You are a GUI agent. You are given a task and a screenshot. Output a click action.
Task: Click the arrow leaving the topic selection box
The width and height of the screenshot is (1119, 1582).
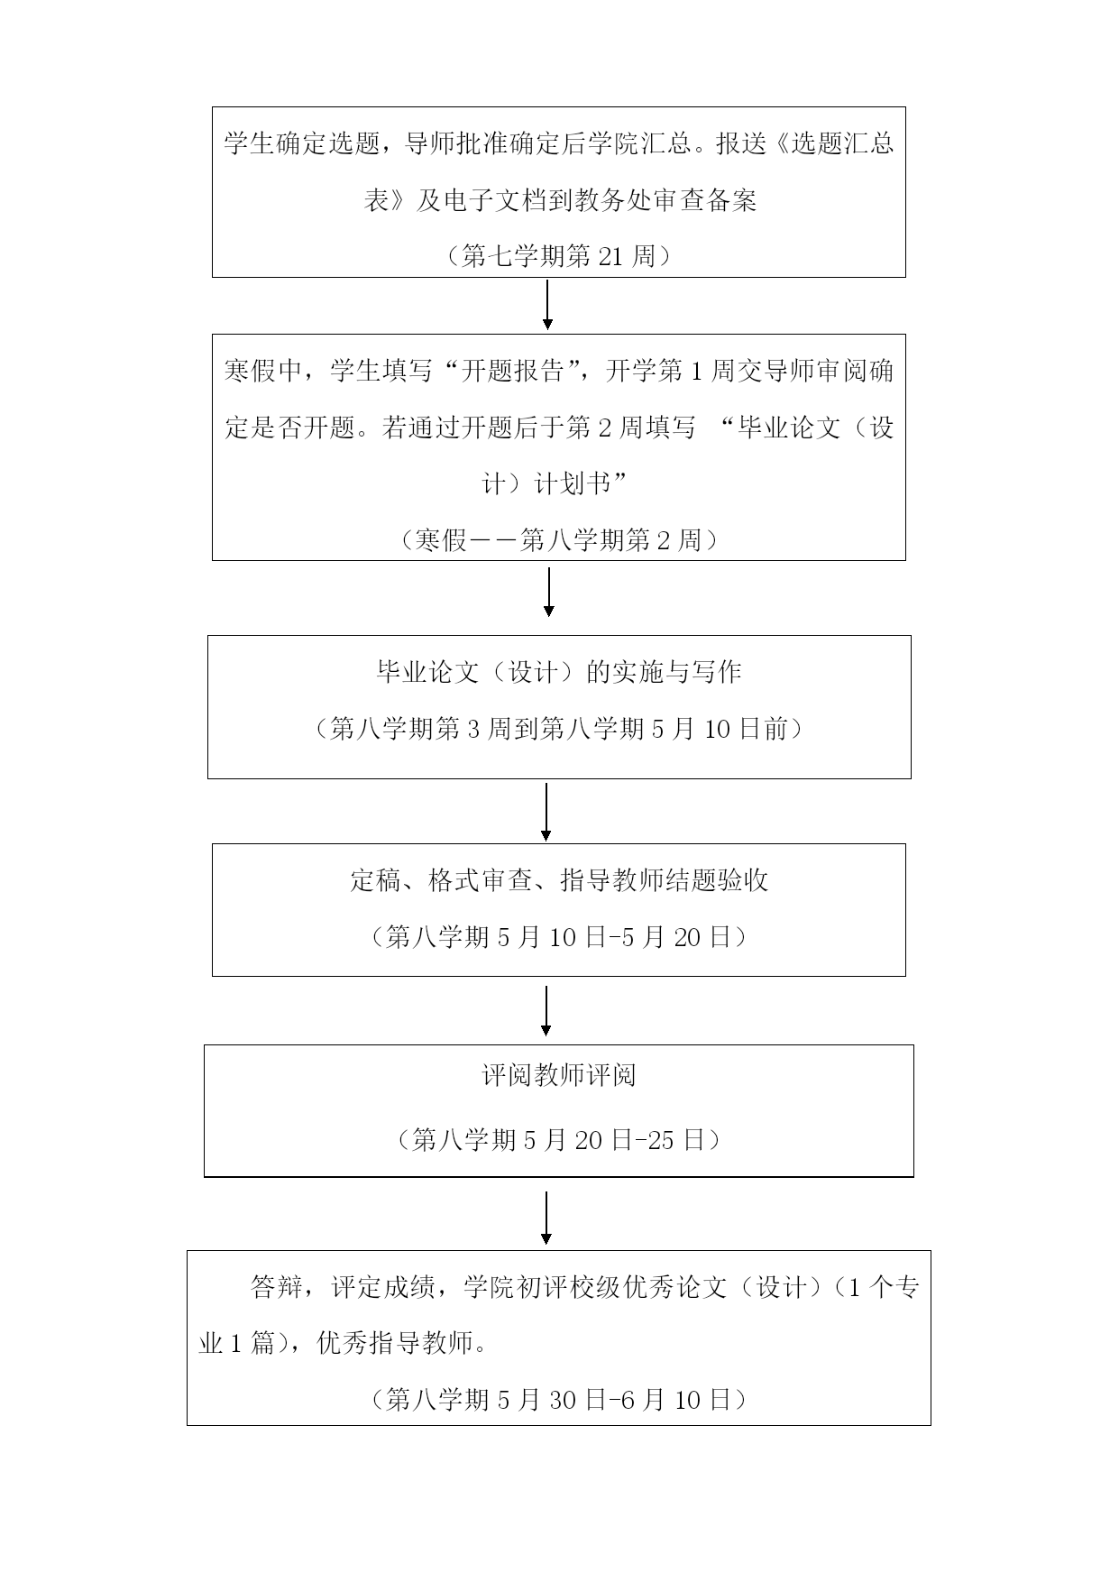tap(547, 305)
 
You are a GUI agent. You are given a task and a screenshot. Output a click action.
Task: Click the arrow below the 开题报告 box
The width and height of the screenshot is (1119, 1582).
tap(548, 592)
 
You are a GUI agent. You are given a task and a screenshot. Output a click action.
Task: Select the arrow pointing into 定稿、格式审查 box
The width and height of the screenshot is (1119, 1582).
tap(546, 812)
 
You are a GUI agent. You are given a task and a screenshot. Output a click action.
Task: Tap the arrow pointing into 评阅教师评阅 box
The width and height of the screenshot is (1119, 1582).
tap(546, 1011)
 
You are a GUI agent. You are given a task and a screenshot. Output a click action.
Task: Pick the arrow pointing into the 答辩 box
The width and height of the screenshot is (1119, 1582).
tap(546, 1218)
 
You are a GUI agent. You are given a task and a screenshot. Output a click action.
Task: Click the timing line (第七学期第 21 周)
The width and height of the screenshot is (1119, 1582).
tap(559, 256)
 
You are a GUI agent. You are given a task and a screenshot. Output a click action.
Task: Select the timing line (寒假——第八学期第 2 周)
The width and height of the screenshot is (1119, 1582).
tap(559, 540)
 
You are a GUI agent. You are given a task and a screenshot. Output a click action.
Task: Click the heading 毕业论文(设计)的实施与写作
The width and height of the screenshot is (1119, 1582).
tap(559, 672)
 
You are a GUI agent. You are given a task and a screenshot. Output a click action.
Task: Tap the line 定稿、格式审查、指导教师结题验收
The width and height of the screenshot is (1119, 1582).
tap(559, 880)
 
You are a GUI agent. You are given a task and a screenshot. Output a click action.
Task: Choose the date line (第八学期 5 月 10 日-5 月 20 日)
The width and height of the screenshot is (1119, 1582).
tap(559, 937)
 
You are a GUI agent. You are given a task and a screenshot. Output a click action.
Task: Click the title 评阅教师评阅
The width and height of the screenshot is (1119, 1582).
tap(559, 1075)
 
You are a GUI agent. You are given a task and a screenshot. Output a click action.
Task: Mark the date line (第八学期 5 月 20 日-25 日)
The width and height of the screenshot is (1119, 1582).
tap(559, 1140)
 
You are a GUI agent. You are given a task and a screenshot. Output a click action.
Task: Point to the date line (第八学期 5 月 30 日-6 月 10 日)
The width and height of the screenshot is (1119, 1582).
tap(559, 1399)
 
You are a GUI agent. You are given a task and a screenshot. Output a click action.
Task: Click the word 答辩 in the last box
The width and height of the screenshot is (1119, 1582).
tap(276, 1287)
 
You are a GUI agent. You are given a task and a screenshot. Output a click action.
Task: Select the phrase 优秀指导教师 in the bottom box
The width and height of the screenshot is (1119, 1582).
tap(395, 1343)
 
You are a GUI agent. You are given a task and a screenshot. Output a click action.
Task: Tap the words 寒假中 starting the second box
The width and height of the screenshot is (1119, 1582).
tap(263, 371)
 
